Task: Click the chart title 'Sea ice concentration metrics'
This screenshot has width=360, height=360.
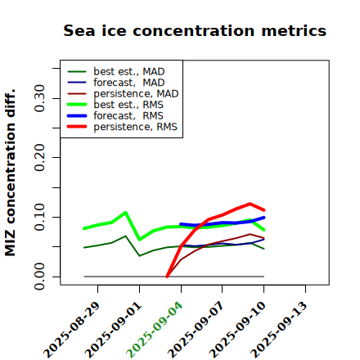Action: click(x=195, y=30)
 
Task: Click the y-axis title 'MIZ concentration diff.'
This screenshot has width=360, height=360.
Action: click(x=10, y=173)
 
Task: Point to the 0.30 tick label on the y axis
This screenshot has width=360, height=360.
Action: click(x=40, y=98)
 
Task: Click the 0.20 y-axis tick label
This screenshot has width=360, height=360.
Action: click(x=40, y=157)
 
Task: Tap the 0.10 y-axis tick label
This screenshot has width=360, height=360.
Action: click(x=40, y=217)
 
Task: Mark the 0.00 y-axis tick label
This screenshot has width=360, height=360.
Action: click(x=40, y=277)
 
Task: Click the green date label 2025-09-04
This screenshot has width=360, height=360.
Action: click(x=154, y=330)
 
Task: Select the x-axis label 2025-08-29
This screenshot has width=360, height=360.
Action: click(x=71, y=330)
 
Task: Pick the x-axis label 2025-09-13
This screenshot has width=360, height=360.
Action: click(x=278, y=330)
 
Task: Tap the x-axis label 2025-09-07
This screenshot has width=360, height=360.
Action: click(x=196, y=330)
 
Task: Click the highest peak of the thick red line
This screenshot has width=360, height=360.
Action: click(x=250, y=204)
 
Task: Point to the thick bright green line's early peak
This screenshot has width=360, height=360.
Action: click(x=125, y=212)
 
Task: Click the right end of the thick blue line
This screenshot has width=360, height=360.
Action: click(x=263, y=218)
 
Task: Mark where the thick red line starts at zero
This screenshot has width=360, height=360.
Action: click(x=167, y=277)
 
